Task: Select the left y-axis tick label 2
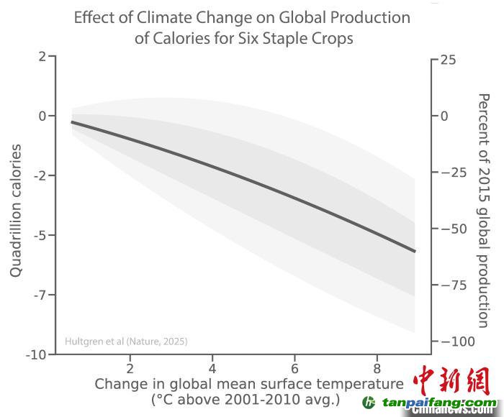point(42,56)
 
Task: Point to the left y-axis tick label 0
point(42,116)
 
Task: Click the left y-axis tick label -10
point(36,354)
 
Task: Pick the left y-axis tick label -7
point(39,295)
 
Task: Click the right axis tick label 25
point(447,60)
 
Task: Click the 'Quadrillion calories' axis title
point(15,210)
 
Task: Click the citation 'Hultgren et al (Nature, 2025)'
point(126,342)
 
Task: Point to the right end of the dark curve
point(414,251)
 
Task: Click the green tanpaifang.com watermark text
point(439,403)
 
